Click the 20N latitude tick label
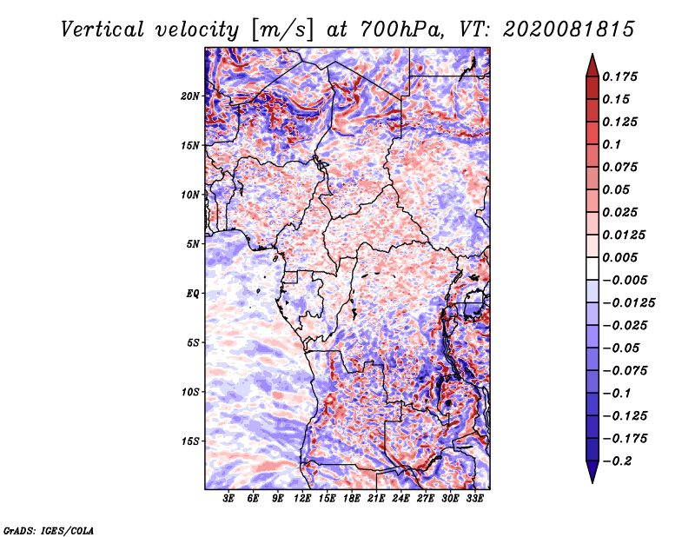[x=189, y=96]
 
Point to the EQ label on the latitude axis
[x=192, y=294]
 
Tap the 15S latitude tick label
[x=190, y=441]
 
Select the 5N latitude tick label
[x=193, y=244]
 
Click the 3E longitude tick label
[x=228, y=499]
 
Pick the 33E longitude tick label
[x=474, y=499]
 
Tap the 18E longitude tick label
[x=352, y=499]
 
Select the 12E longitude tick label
[x=302, y=499]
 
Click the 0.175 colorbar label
[x=619, y=76]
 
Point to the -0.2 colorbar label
[x=617, y=461]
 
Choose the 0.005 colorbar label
[x=619, y=257]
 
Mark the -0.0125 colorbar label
[x=628, y=303]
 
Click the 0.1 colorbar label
[x=612, y=144]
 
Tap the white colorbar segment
[x=592, y=268]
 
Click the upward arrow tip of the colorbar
[x=592, y=54]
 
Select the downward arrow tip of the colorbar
[x=592, y=482]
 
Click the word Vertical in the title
[x=103, y=30]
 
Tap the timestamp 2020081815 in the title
[x=569, y=30]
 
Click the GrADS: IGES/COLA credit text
[x=49, y=530]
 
